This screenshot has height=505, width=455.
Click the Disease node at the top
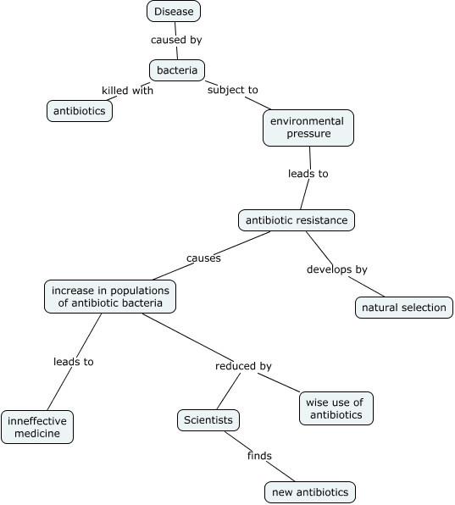point(174,12)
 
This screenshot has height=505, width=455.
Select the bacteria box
point(177,70)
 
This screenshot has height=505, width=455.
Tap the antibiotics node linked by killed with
point(80,111)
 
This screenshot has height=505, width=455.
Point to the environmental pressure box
point(307,127)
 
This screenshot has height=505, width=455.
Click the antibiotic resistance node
point(296,220)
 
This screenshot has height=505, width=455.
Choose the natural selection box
point(403,307)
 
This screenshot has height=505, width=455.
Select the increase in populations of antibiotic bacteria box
point(110,297)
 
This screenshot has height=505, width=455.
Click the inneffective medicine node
point(36,427)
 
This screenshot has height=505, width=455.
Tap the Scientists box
point(208,419)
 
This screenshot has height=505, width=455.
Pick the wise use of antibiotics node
point(336,408)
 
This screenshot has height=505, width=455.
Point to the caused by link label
point(176,40)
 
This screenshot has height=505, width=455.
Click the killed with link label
point(127,91)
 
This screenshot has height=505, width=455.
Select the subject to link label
point(233,90)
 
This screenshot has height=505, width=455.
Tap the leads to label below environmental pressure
point(308,174)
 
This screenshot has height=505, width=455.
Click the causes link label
point(203,258)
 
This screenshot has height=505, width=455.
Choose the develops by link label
point(336,269)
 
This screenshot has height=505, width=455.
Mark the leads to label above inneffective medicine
point(74,362)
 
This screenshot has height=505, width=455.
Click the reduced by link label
point(243,366)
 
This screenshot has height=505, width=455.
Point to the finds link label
point(259,456)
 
